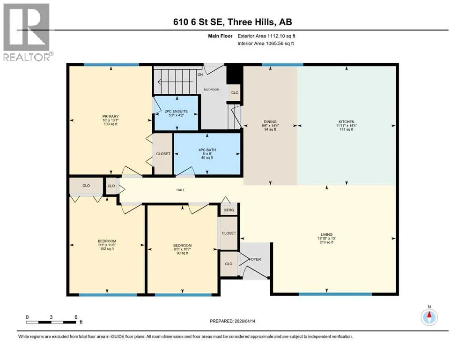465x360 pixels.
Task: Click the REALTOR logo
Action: [28, 32]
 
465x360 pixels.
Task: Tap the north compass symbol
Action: [429, 317]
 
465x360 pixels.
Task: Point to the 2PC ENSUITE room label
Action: [176, 111]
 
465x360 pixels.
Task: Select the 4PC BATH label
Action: [207, 150]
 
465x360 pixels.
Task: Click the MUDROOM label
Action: [212, 90]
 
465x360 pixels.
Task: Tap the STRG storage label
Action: [229, 210]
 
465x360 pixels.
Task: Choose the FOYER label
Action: [255, 259]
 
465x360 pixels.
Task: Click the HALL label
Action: [181, 190]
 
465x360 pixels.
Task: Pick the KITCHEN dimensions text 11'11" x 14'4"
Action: [347, 126]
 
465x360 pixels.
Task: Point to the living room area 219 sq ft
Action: [326, 242]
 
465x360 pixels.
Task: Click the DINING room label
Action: [270, 122]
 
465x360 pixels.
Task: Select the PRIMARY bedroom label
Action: [111, 116]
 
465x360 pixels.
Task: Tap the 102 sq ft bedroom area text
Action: [107, 249]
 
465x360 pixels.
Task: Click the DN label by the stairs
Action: [200, 75]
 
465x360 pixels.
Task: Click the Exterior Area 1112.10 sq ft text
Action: [266, 36]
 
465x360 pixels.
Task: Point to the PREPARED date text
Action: [232, 321]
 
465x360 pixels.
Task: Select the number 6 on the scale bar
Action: [76, 317]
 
